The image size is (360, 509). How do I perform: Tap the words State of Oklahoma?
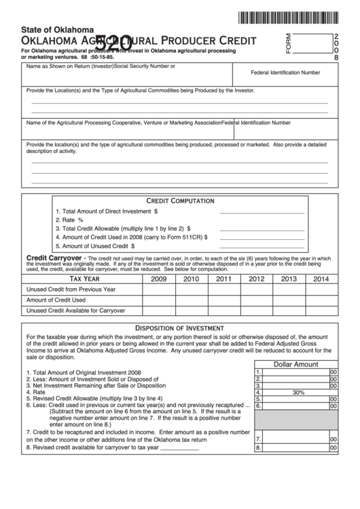[x=57, y=30]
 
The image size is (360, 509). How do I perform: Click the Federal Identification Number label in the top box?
[x=285, y=72]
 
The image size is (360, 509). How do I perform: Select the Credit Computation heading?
[x=180, y=201]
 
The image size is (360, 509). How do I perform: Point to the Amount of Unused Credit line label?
[x=94, y=246]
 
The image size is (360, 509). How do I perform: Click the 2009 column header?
[x=158, y=279]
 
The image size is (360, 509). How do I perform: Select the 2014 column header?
[x=321, y=279]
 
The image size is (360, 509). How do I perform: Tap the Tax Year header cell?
[x=85, y=279]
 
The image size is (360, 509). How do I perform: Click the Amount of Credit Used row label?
[x=56, y=300]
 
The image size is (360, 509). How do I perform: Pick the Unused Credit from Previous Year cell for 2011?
[x=223, y=289]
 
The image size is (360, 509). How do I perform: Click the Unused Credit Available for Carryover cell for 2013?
[x=289, y=311]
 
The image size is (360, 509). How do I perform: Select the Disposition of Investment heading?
[x=180, y=327]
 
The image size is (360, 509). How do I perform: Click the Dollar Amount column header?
[x=295, y=364]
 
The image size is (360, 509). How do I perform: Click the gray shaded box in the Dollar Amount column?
[x=295, y=419]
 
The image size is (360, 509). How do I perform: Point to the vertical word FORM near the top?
[x=288, y=43]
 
